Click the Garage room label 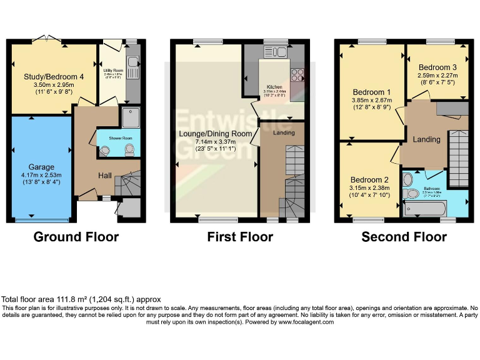click(41, 167)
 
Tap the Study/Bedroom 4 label click(49, 77)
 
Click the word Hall click(104, 176)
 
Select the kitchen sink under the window click(274, 51)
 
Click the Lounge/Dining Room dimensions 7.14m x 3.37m click(216, 142)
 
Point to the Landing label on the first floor click(284, 132)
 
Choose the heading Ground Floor click(76, 237)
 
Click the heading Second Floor click(404, 237)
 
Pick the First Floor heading click(240, 237)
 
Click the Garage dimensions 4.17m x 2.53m click(41, 175)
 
